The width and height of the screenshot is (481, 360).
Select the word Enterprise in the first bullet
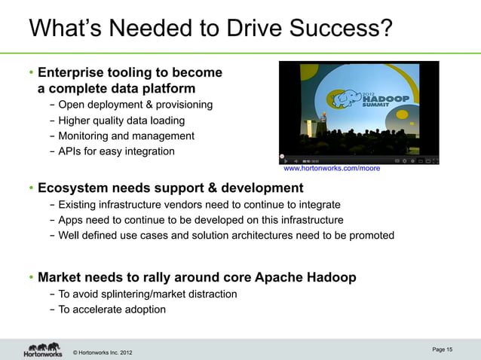point(72,73)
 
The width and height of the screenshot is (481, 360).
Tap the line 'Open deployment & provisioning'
point(134,104)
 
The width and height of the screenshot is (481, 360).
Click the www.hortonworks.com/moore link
point(331,169)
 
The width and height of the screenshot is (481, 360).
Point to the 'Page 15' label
point(443,349)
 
